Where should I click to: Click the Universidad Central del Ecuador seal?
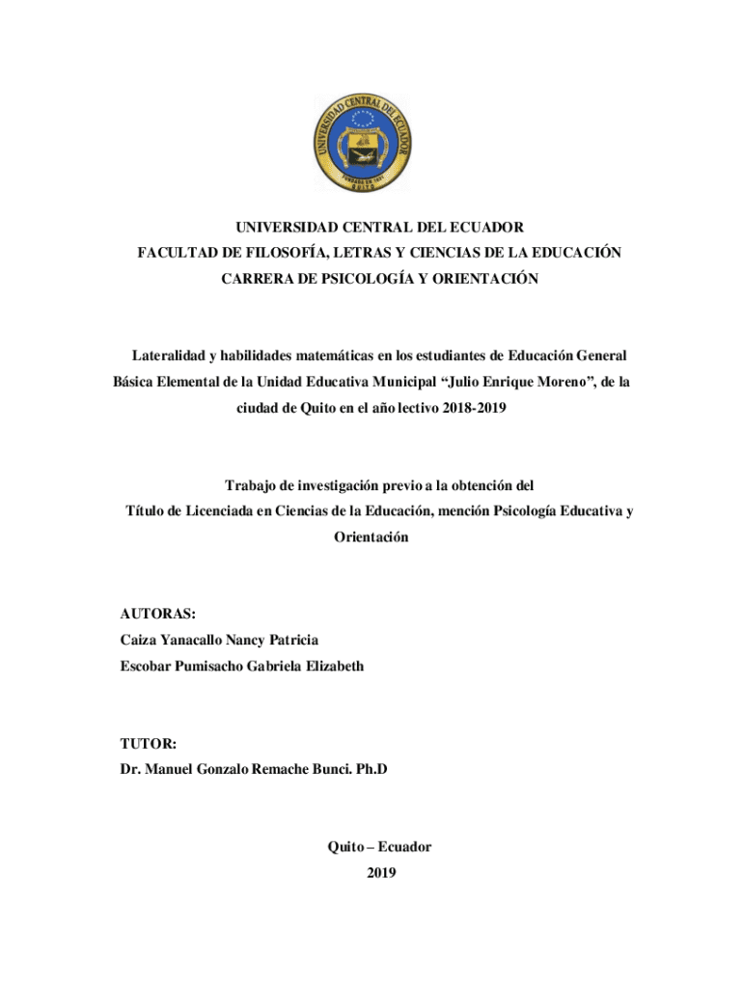pos(363,144)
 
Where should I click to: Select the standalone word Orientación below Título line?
pos(371,536)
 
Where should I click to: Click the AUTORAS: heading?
pos(158,614)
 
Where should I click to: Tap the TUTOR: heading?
pos(149,744)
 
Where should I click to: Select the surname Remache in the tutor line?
pos(287,770)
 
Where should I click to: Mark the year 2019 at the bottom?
pos(381,873)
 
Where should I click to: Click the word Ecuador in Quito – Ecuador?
pos(404,847)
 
